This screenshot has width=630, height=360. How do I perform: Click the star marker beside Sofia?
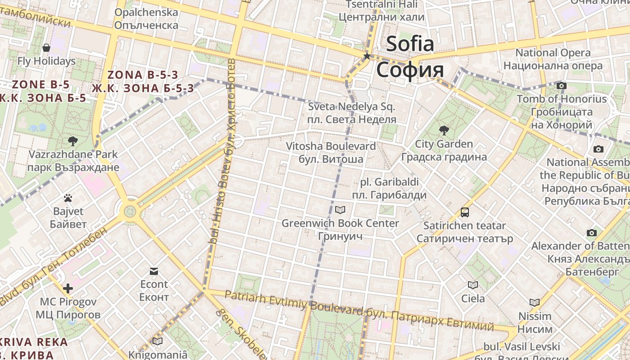click(x=367, y=56)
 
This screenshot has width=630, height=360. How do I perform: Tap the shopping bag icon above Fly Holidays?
click(x=46, y=47)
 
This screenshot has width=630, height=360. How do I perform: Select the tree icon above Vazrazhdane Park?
click(x=73, y=141)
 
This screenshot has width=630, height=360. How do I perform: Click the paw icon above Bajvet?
click(x=68, y=198)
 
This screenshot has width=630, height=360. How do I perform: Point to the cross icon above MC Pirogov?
click(x=68, y=288)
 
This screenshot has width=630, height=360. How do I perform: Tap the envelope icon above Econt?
click(x=154, y=271)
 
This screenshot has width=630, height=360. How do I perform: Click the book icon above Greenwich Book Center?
click(x=340, y=210)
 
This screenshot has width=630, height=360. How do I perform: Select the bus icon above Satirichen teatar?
click(x=464, y=212)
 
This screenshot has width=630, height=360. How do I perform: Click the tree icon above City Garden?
click(x=444, y=131)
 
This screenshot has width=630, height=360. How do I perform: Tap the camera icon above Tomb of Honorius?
click(x=561, y=85)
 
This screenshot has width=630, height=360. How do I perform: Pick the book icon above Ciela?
click(x=472, y=285)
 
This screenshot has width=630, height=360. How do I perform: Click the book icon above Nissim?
click(x=534, y=302)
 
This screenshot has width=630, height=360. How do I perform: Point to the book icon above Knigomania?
click(x=157, y=341)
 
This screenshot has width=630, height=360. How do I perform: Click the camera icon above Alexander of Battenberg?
click(x=592, y=233)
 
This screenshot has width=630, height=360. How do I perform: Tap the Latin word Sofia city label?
click(x=410, y=44)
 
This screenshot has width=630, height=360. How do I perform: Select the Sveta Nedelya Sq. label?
click(x=351, y=107)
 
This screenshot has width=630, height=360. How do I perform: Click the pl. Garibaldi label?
click(x=389, y=182)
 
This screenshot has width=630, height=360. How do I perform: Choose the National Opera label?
click(x=553, y=53)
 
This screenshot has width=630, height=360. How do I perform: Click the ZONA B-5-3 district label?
click(x=143, y=75)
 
